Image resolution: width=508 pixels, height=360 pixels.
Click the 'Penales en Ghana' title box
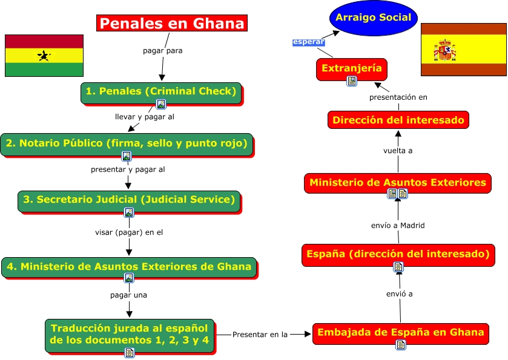coord(173,24)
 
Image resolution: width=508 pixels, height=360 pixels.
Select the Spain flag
coord(464,50)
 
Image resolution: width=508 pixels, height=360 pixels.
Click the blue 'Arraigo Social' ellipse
coord(373,18)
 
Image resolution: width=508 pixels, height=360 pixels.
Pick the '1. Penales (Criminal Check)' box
coord(160,92)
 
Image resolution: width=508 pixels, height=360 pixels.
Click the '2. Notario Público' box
coord(127,143)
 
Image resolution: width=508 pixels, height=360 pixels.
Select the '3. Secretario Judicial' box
coord(129,200)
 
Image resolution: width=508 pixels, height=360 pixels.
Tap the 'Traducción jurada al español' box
coord(130,333)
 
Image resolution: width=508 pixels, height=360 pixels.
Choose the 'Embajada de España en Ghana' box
coord(400,332)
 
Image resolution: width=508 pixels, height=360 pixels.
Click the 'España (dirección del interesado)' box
coord(398,254)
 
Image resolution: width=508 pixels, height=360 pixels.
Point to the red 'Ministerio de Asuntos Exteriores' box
coord(397,182)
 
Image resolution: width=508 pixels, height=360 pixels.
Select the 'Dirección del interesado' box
coord(398,120)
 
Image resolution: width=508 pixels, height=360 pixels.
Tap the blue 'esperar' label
coord(308,42)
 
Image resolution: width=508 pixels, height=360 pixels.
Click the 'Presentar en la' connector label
coord(260,333)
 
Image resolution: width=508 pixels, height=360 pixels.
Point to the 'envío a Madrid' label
coord(398,225)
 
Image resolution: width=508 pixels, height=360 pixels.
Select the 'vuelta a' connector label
coord(398,151)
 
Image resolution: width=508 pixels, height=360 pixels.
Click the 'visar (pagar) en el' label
coord(129,232)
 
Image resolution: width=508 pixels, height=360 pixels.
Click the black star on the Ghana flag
coord(44,56)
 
